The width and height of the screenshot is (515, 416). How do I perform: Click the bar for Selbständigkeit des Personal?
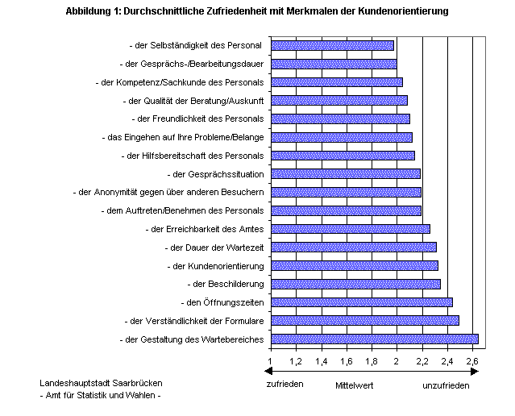click(332, 46)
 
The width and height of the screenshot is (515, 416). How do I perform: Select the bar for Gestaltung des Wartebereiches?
click(375, 339)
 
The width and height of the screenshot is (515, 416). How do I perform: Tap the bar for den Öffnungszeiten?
click(362, 302)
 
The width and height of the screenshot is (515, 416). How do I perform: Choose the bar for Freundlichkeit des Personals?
click(340, 119)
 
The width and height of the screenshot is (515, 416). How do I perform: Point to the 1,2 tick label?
click(296, 360)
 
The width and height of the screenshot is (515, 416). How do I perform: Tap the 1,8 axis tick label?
click(372, 360)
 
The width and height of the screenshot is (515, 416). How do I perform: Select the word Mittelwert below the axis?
click(355, 385)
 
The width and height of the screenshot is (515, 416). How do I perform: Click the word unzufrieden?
click(445, 385)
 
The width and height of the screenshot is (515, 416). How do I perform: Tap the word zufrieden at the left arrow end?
click(284, 384)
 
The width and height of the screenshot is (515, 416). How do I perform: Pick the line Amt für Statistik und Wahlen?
click(100, 395)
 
